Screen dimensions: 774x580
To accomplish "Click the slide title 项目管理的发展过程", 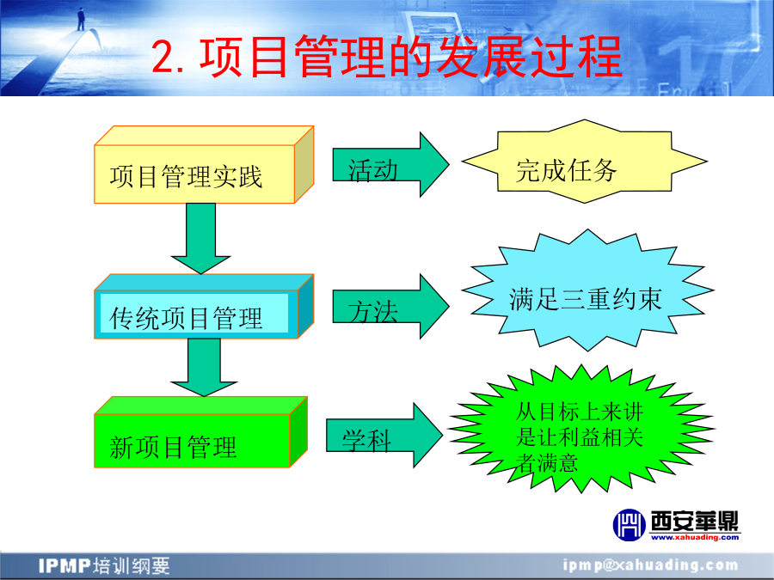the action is [411, 58].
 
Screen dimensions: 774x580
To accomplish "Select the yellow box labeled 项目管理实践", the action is [204, 165].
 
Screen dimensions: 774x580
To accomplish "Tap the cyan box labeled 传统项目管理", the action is [204, 306].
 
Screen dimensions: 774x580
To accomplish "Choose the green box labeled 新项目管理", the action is [200, 432].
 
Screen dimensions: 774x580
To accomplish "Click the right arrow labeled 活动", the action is [390, 165].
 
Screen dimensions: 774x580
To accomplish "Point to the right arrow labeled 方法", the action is [390, 306].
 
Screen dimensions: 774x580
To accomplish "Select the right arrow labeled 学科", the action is [384, 436].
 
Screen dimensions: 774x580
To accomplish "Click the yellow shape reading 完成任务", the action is [585, 162].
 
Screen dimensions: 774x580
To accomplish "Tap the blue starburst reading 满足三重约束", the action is [587, 290].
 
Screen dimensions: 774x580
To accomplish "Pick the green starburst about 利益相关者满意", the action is [581, 429].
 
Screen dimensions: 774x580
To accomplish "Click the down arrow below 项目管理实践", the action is [201, 239].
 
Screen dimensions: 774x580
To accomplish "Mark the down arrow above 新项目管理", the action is [204, 368].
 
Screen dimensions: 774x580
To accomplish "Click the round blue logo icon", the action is [630, 525].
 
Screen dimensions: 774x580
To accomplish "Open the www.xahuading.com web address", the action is [695, 538].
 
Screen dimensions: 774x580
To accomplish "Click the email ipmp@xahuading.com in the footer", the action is [651, 565].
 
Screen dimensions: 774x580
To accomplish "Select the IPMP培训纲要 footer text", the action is [104, 565].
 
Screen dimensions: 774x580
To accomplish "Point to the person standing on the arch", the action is [81, 19].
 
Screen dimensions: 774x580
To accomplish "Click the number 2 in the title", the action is [163, 58].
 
